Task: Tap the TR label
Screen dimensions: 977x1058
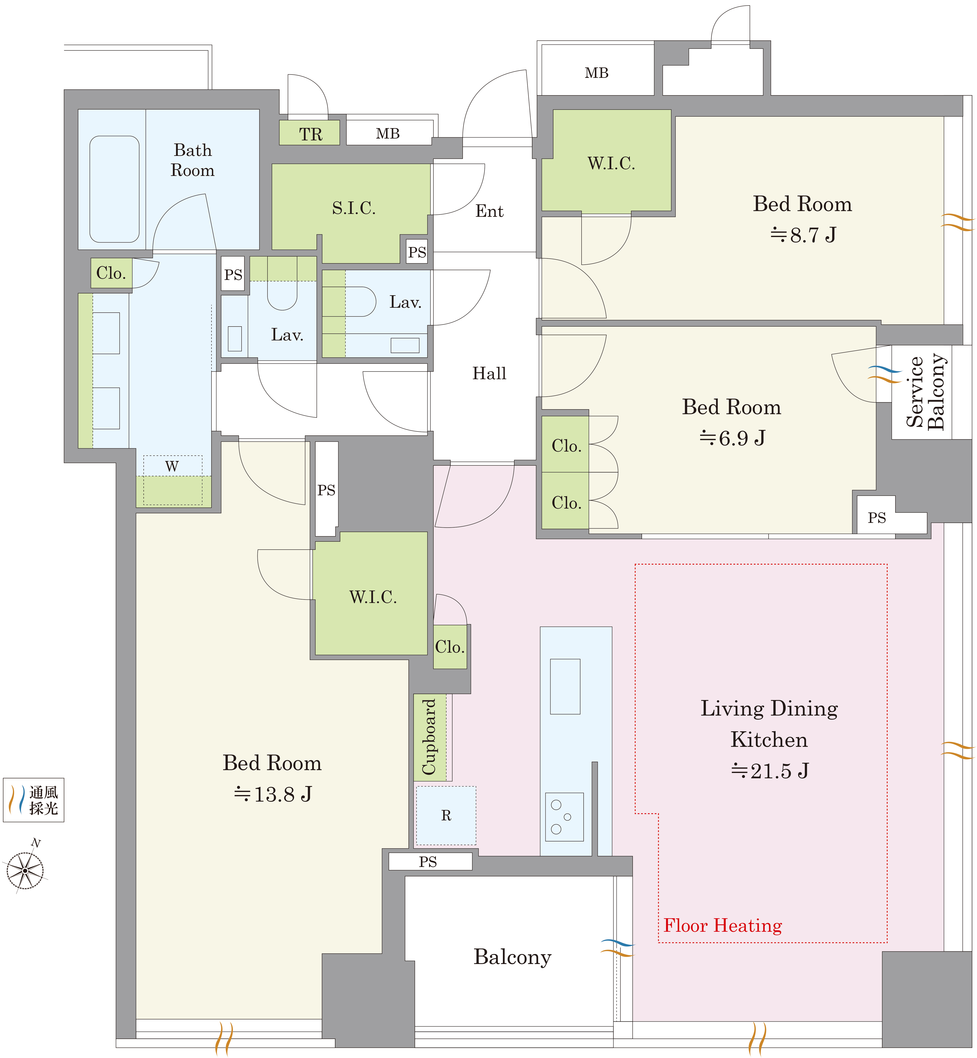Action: tap(310, 134)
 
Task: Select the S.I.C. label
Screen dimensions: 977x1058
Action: tap(354, 208)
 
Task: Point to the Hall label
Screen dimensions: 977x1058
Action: tap(489, 373)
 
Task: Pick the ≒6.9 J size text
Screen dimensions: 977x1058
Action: tap(732, 438)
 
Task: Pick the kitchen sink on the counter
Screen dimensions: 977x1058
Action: tap(565, 686)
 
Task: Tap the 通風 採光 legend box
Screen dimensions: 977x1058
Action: tap(33, 800)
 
